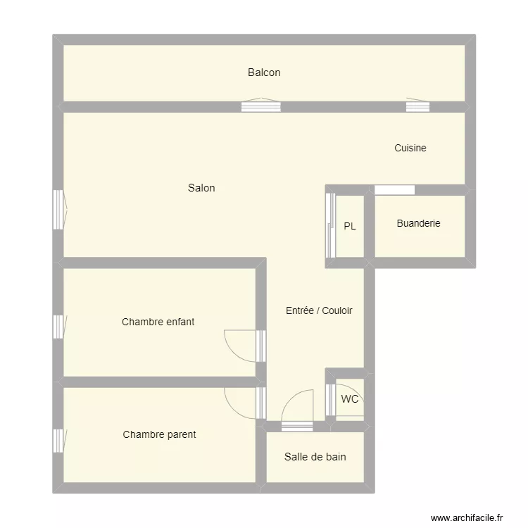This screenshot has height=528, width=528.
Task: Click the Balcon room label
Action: (x=264, y=73)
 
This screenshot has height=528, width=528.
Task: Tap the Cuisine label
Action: (x=410, y=149)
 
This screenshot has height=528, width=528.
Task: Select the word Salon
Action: (x=201, y=188)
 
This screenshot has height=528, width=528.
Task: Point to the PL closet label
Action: (x=350, y=227)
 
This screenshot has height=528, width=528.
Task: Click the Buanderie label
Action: (x=418, y=223)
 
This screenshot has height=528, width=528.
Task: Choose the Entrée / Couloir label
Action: (x=319, y=310)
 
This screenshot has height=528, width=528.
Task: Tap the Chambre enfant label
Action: (x=158, y=322)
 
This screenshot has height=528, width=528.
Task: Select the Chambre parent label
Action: (x=159, y=434)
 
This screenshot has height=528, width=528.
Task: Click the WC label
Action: (x=350, y=399)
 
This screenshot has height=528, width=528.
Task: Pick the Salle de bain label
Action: (x=315, y=457)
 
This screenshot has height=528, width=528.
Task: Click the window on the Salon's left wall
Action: (x=59, y=209)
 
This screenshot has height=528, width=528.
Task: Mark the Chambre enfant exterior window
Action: (x=59, y=327)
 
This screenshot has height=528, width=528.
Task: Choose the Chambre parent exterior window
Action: (x=59, y=441)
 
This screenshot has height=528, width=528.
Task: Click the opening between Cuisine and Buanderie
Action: (x=394, y=189)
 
